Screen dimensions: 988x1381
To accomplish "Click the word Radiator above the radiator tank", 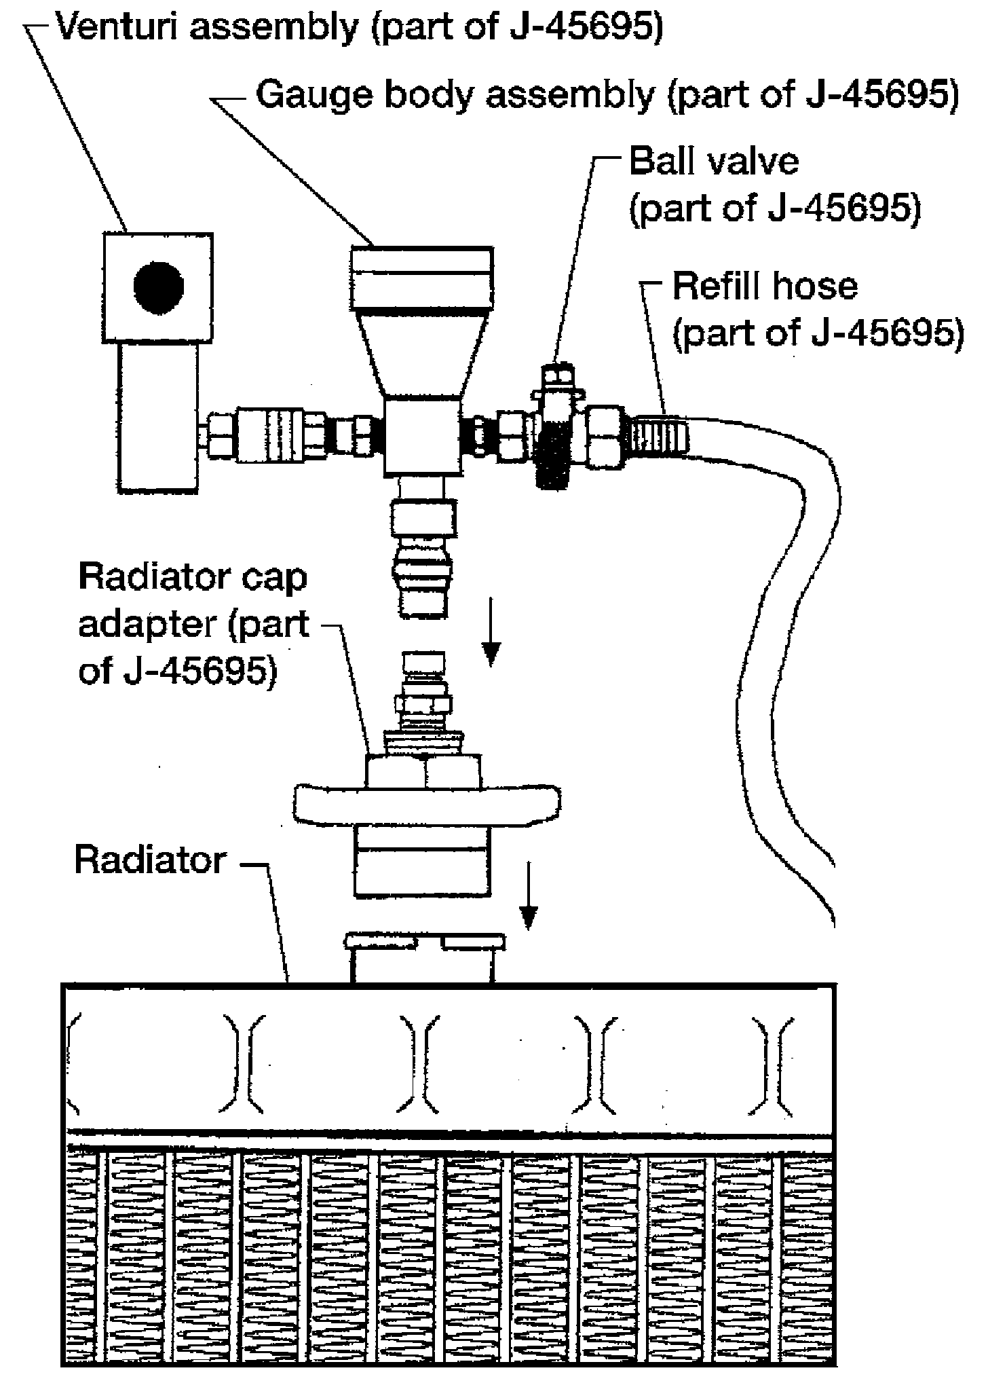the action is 151,860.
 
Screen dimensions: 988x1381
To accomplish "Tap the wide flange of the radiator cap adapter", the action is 427,803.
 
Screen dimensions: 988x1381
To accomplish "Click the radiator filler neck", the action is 424,957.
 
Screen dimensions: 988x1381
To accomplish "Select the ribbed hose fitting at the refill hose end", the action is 660,435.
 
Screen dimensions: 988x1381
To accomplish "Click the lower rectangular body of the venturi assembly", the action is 158,416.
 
